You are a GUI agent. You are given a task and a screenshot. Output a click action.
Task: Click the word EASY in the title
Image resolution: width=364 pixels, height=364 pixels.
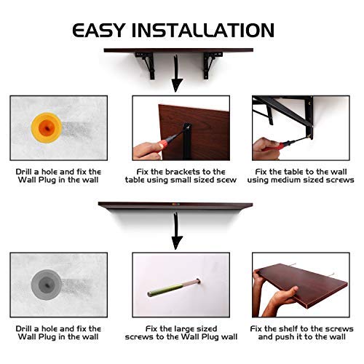[x=99, y=31]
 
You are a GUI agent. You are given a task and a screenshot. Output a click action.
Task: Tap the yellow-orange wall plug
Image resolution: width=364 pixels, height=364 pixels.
[x=47, y=127]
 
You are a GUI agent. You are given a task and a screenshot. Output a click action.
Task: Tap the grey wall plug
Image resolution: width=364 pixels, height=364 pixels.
[x=47, y=285]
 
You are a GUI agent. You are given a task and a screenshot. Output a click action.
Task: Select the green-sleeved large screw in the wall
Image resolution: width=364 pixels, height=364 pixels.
[x=174, y=288]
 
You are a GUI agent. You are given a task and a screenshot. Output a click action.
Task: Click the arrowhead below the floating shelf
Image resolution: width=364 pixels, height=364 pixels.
[x=177, y=242]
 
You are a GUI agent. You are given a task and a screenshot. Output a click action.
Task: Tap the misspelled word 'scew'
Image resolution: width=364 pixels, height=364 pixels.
[x=226, y=180]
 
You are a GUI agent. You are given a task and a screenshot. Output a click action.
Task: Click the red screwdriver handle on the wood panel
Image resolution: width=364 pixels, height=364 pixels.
[x=162, y=145]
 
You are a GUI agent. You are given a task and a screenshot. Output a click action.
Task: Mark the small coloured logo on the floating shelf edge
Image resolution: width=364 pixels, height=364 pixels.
[x=175, y=205]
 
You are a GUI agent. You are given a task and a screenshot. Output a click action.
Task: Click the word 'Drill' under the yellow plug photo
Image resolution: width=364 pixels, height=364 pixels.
[x=24, y=172]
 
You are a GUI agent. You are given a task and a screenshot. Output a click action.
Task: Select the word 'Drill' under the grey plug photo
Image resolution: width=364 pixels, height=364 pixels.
[x=24, y=329]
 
